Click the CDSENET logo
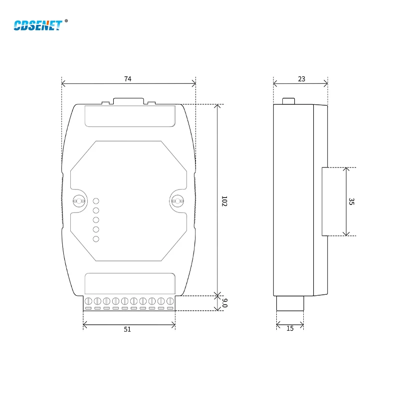[x=38, y=24]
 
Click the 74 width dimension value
[x=128, y=79]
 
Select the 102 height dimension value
[x=224, y=201]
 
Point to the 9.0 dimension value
[x=224, y=303]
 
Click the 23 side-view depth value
[x=301, y=79]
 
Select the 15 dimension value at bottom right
[x=290, y=329]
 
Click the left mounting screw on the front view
[x=78, y=201]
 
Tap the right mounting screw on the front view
[x=176, y=201]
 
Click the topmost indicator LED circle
[x=96, y=201]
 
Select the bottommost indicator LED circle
[x=96, y=239]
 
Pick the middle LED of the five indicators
[x=96, y=220]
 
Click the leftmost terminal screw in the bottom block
[x=88, y=301]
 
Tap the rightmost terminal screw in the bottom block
[x=170, y=301]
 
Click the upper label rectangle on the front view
[x=130, y=116]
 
